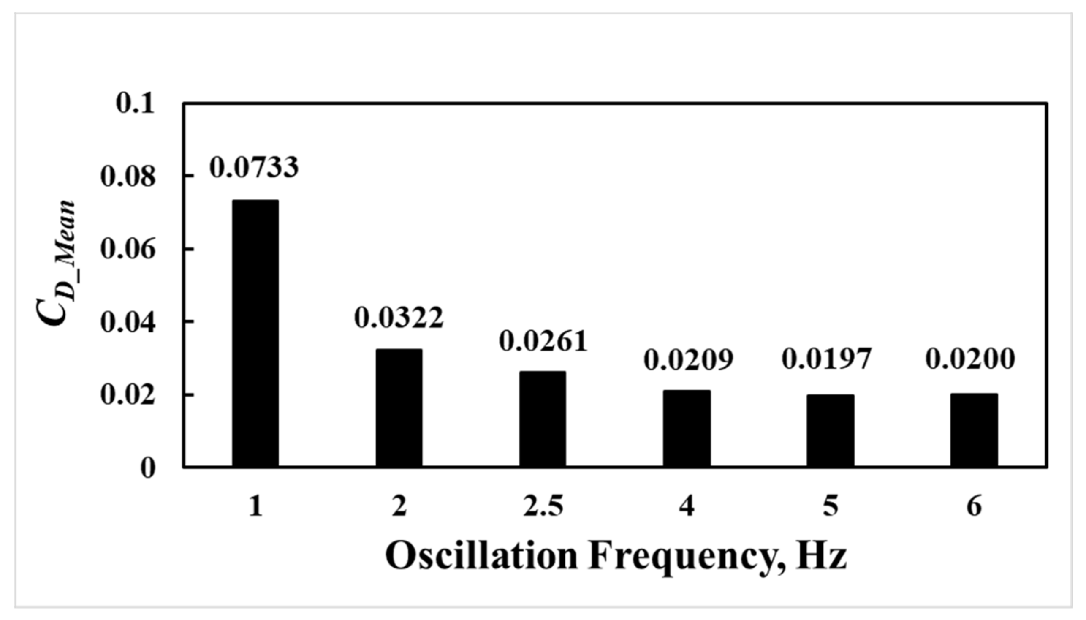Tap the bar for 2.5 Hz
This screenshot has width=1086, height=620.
click(x=542, y=419)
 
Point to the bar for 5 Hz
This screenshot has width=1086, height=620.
click(x=830, y=430)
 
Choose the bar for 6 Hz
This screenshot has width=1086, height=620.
click(x=974, y=430)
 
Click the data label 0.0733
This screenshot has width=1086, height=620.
click(x=254, y=167)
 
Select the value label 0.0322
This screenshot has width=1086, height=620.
click(x=399, y=317)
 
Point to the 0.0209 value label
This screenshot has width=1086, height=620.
click(x=688, y=360)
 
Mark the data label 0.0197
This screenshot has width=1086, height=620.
click(x=827, y=359)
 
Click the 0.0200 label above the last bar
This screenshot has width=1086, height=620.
click(x=970, y=359)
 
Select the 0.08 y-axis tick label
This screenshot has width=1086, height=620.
click(x=128, y=177)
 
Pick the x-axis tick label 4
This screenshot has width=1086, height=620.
click(x=686, y=507)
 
